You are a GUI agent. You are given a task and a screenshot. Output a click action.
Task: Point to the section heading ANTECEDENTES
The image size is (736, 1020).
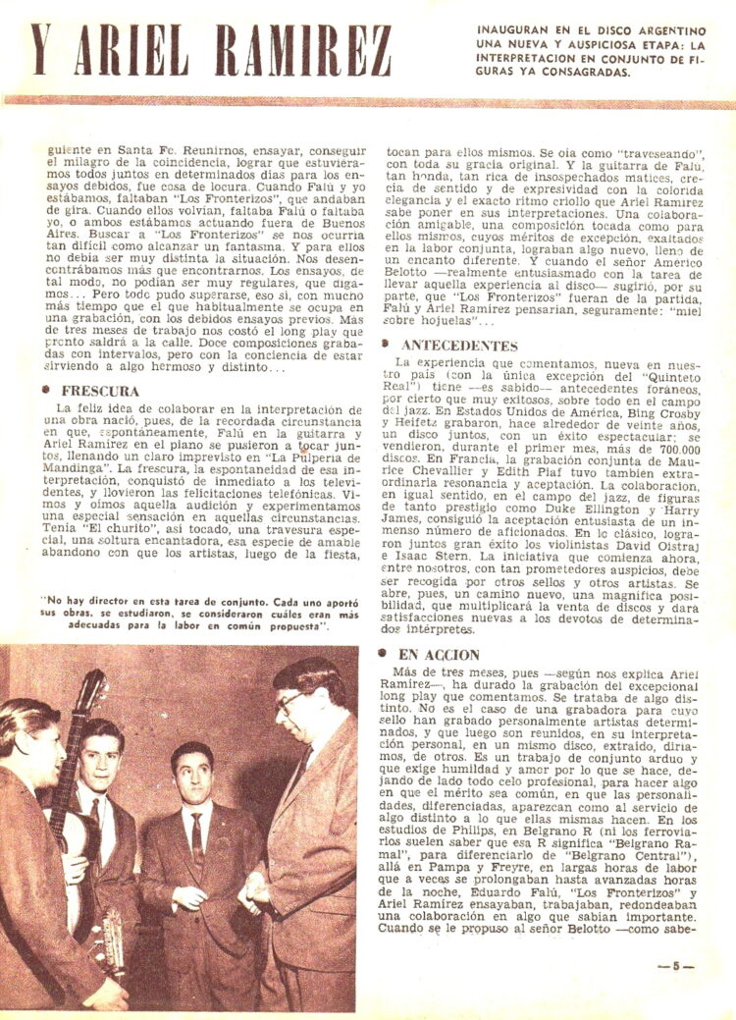pyautogui.click(x=459, y=346)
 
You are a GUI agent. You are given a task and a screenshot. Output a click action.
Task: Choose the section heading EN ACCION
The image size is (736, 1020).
pyautogui.click(x=441, y=655)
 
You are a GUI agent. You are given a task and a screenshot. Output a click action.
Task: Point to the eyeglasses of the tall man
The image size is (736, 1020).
pyautogui.click(x=290, y=701)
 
